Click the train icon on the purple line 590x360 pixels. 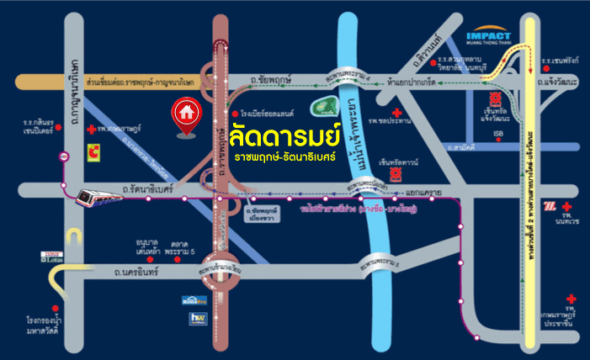point(89,198)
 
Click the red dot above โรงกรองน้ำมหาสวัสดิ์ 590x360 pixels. point(56,309)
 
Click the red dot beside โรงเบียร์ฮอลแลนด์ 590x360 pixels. point(235,114)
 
